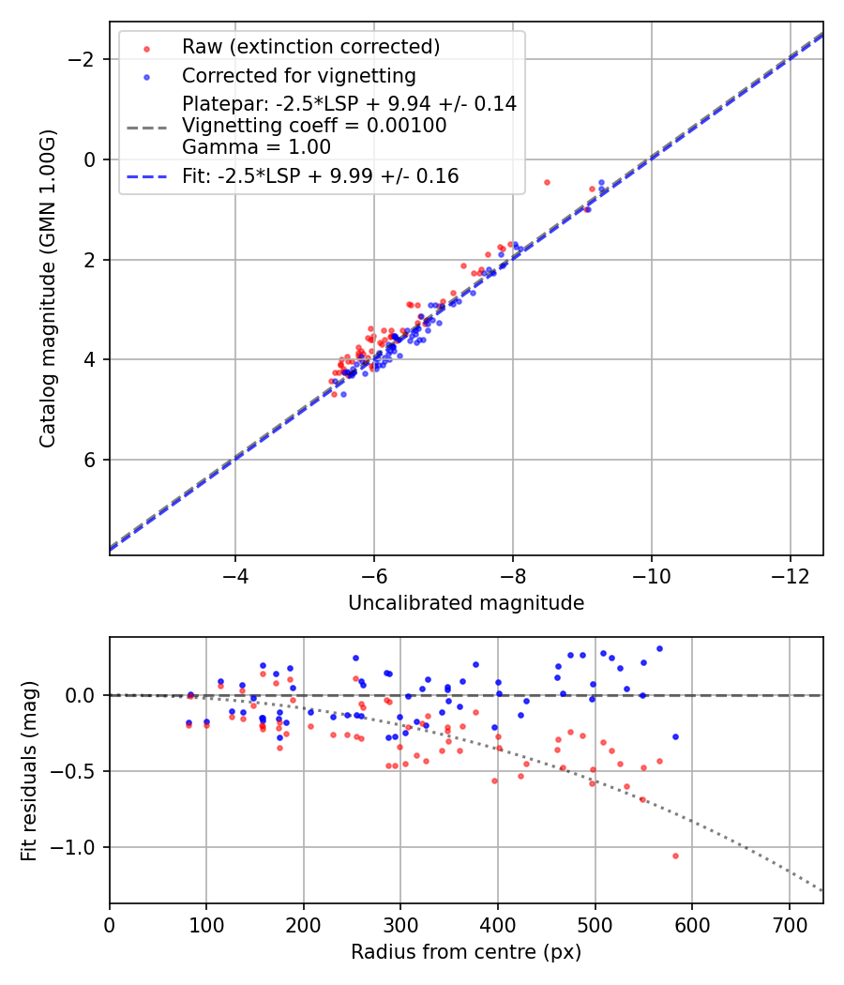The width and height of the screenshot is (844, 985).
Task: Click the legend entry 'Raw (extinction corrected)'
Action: [310, 47]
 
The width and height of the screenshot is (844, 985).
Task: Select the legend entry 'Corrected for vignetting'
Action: [298, 75]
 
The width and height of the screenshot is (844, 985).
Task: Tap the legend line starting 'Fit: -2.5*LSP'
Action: [320, 175]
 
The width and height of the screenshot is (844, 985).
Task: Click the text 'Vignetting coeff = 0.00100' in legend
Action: [314, 126]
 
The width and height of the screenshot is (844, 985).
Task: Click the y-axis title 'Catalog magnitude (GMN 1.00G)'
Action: [47, 289]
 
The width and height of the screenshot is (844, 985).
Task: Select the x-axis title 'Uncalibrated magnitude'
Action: [466, 603]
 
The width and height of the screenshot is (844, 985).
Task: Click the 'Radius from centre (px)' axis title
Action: [466, 952]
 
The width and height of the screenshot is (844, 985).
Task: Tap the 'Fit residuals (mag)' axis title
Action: [29, 771]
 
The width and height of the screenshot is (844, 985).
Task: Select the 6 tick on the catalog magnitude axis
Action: [90, 460]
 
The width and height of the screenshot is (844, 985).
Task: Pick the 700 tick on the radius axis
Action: [789, 924]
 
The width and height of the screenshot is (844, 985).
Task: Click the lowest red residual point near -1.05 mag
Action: [674, 856]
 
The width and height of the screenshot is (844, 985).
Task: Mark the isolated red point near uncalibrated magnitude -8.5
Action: [547, 182]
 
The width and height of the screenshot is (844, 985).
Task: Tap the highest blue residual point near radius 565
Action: [659, 648]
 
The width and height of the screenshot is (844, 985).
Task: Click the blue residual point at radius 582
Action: [675, 736]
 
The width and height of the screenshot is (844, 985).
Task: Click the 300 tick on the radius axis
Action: [400, 924]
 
